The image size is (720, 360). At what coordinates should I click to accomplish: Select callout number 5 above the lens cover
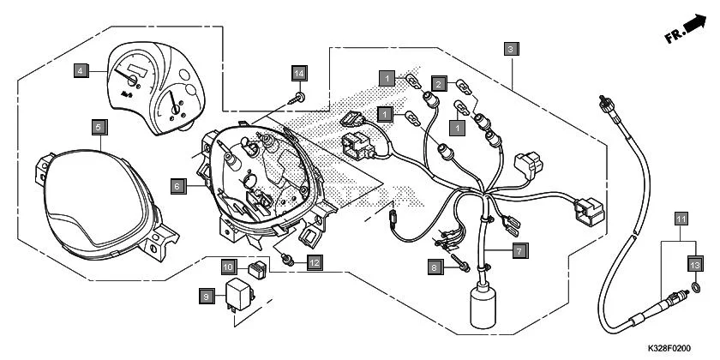pos(99,128)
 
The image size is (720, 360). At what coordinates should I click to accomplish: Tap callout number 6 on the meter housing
pos(176,185)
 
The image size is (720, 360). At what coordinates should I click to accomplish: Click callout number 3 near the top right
pos(511,49)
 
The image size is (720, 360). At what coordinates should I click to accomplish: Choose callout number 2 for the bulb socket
pos(438,83)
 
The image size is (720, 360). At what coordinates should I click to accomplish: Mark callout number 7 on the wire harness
pos(520,250)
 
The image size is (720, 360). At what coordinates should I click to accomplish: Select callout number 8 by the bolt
pos(435,267)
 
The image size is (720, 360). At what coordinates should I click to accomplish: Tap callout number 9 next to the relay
pos(205,297)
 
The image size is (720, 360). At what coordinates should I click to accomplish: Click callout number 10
pos(229,267)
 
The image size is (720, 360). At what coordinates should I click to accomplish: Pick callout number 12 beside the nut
pos(315,262)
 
